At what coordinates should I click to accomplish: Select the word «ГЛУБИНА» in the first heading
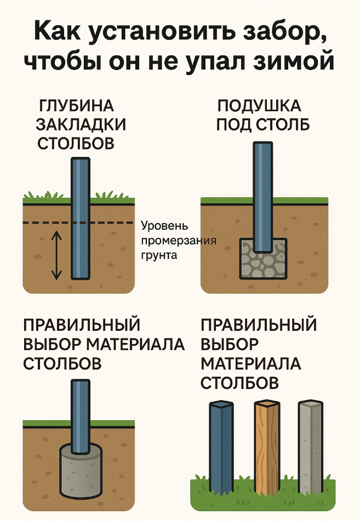[x=77, y=106]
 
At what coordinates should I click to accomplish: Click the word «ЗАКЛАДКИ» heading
[x=81, y=124]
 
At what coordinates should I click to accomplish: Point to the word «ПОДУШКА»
[x=259, y=106]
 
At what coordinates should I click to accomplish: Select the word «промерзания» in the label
[x=179, y=241]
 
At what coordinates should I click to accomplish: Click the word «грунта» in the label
[x=159, y=255]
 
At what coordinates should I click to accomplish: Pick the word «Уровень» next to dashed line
[x=164, y=226]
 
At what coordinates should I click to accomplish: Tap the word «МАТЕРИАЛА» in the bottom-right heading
[x=250, y=363]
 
